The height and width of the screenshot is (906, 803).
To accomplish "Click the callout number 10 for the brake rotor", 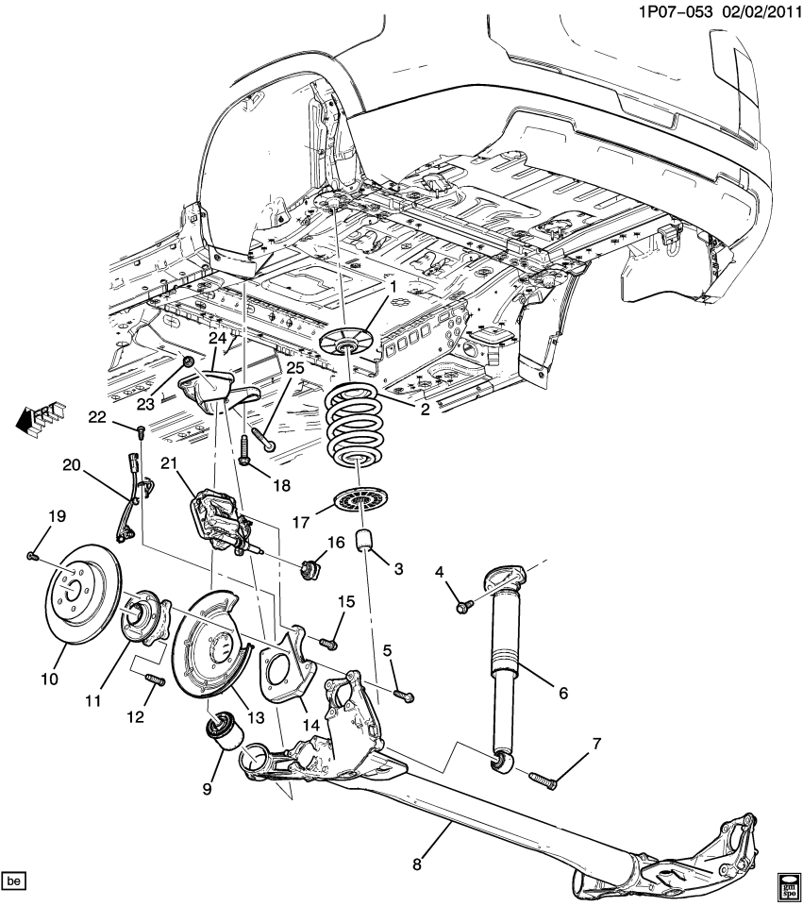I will point(49,679).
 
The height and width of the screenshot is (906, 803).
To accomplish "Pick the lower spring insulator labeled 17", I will point(362,500).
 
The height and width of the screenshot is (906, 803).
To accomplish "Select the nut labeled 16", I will point(311,570).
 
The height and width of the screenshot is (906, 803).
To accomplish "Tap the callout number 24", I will point(218,339).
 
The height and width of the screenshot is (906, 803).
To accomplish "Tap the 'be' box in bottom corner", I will point(13,881).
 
